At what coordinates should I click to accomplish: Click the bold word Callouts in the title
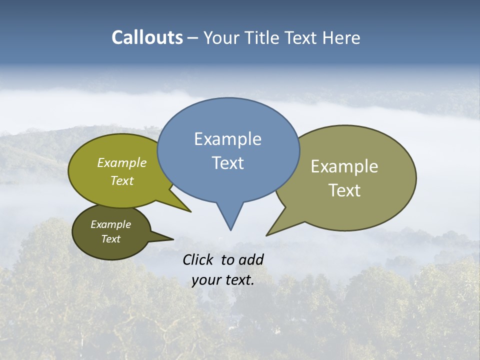point(147,37)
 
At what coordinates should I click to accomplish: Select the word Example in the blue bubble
point(227,139)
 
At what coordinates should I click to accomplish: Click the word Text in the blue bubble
point(227,162)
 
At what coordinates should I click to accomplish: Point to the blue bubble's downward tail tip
point(230,229)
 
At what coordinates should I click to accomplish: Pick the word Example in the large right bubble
point(344,166)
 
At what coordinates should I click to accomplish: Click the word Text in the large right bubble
point(344,190)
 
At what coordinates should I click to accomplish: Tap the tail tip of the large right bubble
point(267,235)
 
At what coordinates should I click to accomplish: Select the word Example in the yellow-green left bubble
point(122,162)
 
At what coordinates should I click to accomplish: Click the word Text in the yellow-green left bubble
point(122,180)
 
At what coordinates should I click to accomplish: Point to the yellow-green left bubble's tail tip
point(190,211)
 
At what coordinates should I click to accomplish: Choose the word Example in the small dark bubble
point(110,224)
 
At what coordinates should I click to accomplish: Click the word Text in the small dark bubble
point(110,239)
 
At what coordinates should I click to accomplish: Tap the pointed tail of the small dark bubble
point(173,239)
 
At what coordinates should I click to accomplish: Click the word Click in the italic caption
point(199,259)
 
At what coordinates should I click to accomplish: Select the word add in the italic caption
point(251,259)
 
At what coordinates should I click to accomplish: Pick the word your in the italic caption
point(206,280)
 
